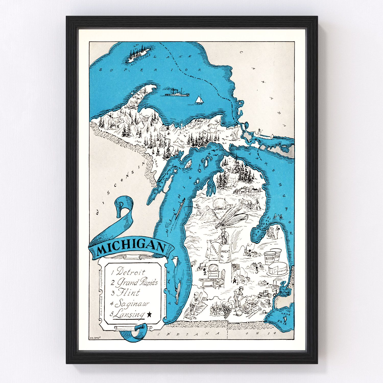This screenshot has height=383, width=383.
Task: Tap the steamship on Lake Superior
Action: click(177, 92)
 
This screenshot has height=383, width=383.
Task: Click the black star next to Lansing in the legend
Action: click(149, 315)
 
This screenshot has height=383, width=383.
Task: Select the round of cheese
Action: click(278, 270)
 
